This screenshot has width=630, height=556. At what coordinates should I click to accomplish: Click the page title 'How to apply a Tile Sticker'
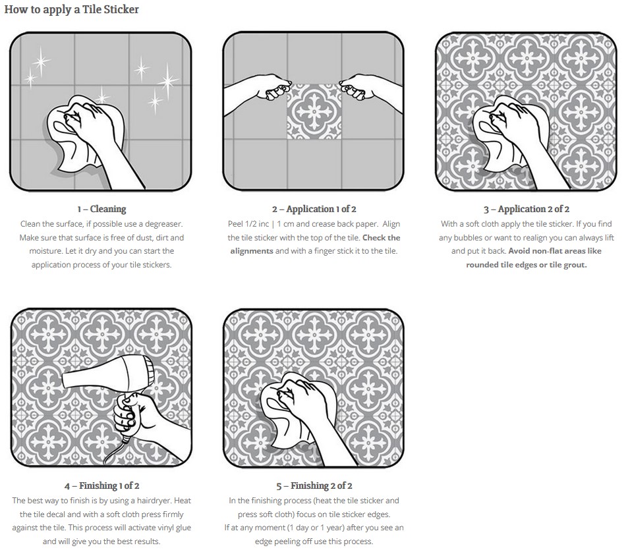tap(72, 10)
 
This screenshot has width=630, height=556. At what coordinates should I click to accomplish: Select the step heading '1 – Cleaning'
tap(101, 209)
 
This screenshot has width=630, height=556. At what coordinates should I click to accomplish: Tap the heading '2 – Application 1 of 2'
tap(314, 209)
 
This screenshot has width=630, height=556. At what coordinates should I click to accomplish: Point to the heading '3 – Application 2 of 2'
tap(527, 209)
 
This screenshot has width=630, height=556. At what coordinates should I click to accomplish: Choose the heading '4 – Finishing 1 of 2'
tap(101, 486)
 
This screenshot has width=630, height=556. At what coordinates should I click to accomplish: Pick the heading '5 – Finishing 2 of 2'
tap(314, 486)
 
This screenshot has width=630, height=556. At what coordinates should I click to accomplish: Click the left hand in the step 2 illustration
tap(258, 92)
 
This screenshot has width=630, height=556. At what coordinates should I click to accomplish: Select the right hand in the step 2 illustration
tap(370, 92)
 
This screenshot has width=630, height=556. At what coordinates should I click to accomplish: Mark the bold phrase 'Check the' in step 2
tap(382, 237)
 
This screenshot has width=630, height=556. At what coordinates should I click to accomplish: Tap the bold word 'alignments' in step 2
tap(252, 251)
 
